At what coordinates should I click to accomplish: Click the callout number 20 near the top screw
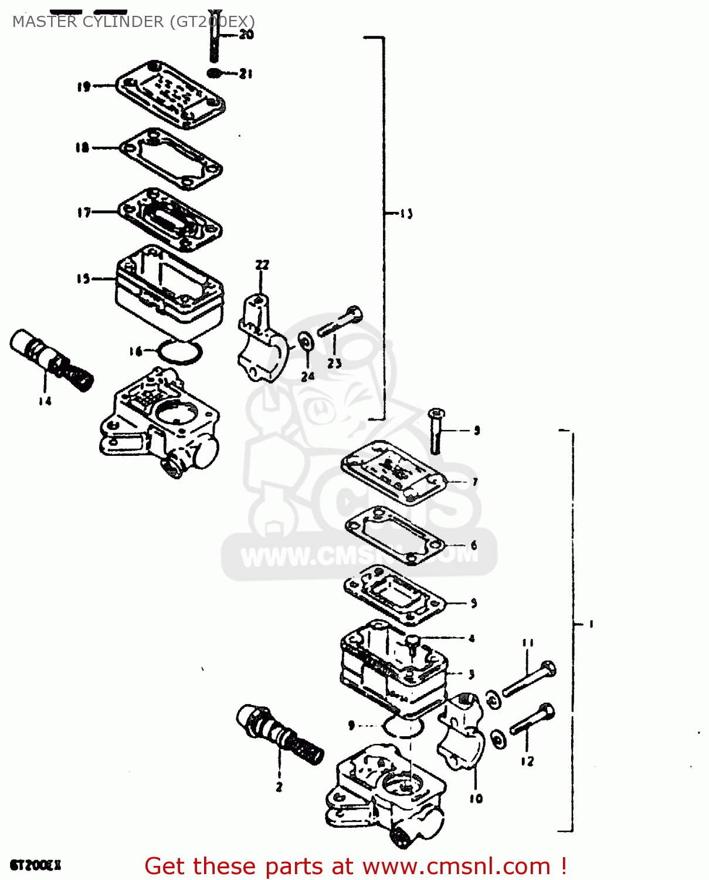point(246,35)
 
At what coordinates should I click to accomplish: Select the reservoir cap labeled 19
point(170,94)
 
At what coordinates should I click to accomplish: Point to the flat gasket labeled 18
point(171,158)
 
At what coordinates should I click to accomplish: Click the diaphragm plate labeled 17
point(170,219)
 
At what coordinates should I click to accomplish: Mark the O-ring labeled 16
point(181,352)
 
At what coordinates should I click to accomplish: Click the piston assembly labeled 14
point(51,360)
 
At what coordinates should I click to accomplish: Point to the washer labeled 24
point(306,340)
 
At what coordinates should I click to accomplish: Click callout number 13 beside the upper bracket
point(406,214)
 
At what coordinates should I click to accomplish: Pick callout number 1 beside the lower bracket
point(591,624)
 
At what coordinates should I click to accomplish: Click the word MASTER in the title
point(45,22)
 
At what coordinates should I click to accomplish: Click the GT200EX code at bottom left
point(35,865)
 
